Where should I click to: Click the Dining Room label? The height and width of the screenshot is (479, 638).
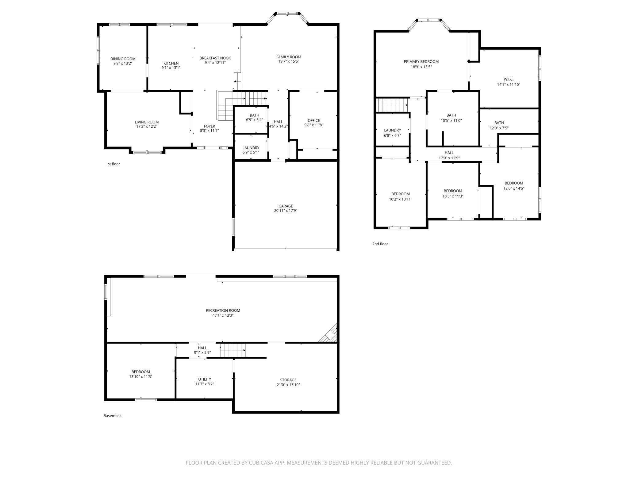pyautogui.click(x=123, y=59)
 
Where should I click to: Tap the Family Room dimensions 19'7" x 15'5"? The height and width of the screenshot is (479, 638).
pyautogui.click(x=289, y=61)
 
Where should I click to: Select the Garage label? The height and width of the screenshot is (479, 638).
pyautogui.click(x=286, y=206)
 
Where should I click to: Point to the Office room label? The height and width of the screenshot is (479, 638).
pyautogui.click(x=314, y=120)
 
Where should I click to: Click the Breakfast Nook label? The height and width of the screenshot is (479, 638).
pyautogui.click(x=215, y=58)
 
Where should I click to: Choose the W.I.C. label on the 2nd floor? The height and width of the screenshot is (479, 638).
pyautogui.click(x=509, y=79)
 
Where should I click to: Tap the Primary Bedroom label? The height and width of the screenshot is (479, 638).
pyautogui.click(x=421, y=61)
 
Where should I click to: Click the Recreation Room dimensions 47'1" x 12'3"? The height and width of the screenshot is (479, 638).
pyautogui.click(x=223, y=315)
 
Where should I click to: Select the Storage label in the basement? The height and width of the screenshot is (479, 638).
pyautogui.click(x=288, y=380)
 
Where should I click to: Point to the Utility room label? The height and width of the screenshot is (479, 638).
pyautogui.click(x=205, y=379)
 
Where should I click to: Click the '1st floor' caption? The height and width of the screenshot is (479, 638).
pyautogui.click(x=113, y=164)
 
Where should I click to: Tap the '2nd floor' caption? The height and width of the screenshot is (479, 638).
pyautogui.click(x=380, y=244)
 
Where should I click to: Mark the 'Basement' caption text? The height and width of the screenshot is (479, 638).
pyautogui.click(x=112, y=416)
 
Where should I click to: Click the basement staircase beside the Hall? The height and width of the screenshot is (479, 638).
pyautogui.click(x=233, y=350)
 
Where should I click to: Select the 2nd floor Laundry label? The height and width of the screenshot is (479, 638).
pyautogui.click(x=392, y=130)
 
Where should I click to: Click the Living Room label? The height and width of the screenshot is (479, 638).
pyautogui.click(x=147, y=122)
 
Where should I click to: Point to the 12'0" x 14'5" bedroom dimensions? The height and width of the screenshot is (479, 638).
pyautogui.click(x=514, y=189)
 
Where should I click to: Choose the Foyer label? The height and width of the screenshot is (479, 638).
pyautogui.click(x=209, y=126)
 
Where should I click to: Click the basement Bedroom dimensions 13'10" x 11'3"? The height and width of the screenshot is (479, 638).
pyautogui.click(x=141, y=377)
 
